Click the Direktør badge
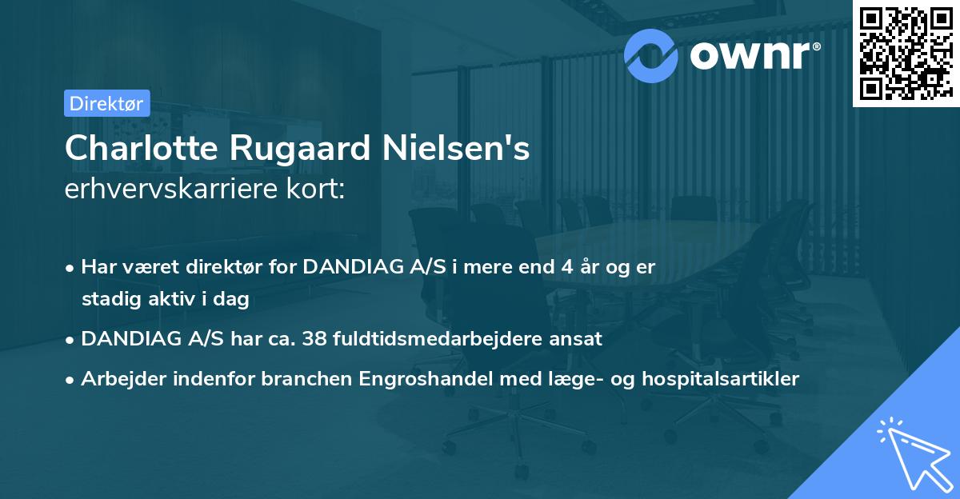pos(106,103)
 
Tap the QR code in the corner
pos(906,52)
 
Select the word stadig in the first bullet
pos(106,300)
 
